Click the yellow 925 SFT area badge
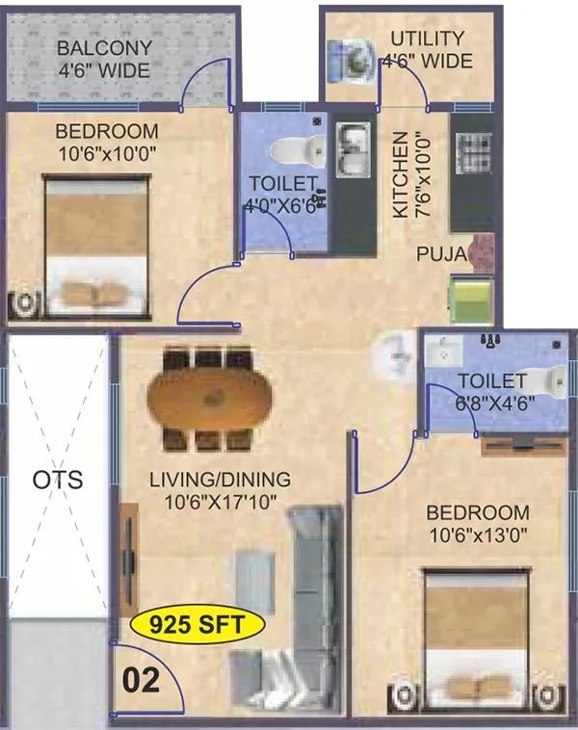[197, 625]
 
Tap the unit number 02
[140, 681]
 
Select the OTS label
[57, 479]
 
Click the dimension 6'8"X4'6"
[491, 404]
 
